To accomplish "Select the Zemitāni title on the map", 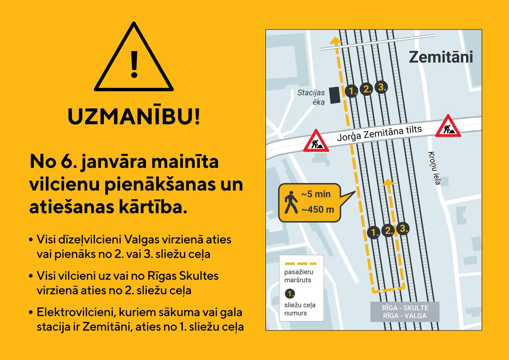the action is tap(441, 57).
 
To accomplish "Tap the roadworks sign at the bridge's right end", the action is tap(448, 127).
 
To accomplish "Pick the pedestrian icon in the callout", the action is tap(291, 202).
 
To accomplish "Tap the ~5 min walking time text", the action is tap(316, 195).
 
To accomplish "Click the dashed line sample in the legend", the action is tap(301, 263).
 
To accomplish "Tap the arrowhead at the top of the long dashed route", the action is tap(335, 41).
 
